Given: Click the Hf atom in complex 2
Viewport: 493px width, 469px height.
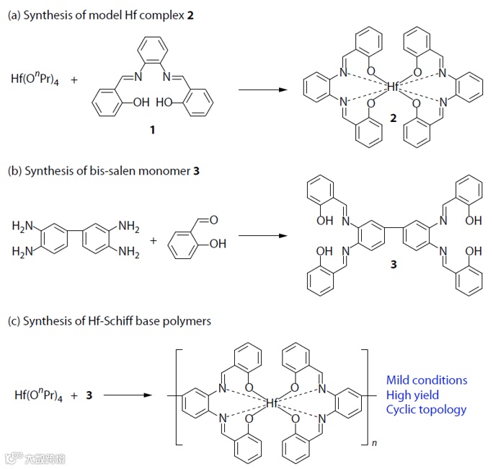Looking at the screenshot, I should click(x=393, y=87).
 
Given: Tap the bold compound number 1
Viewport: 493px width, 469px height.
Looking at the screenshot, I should click(x=152, y=132).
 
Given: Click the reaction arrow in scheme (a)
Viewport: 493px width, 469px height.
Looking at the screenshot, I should click(x=265, y=89).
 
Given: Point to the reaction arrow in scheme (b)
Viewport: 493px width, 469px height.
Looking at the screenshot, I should click(x=265, y=235).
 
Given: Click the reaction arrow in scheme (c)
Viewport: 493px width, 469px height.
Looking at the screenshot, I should click(x=128, y=395).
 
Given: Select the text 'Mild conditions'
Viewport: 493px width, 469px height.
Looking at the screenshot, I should click(x=426, y=380).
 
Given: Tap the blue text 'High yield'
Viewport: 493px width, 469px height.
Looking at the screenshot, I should click(x=413, y=395).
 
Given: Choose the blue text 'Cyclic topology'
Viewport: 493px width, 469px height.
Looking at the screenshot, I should click(x=426, y=410).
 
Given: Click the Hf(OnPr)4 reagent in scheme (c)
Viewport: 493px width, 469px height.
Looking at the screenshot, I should click(x=40, y=395).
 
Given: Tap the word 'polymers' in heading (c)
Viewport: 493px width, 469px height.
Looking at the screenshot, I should click(x=188, y=320).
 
